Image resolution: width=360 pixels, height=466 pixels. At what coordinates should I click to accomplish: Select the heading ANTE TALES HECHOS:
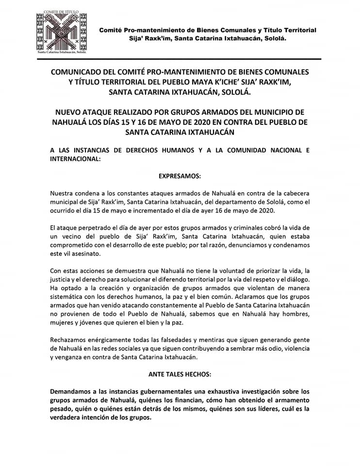click(180, 374)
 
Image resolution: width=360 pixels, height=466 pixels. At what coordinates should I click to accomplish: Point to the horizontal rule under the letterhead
click(180, 59)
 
